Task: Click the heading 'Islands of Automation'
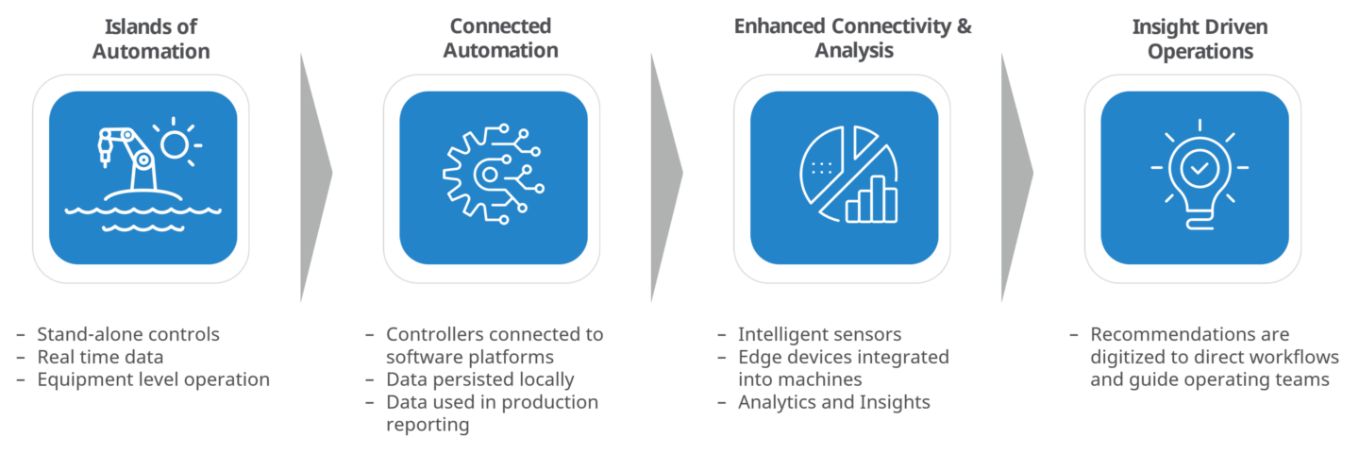[x=151, y=39]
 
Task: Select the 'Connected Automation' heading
[x=500, y=39]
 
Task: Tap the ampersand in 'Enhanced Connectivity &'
[x=965, y=26]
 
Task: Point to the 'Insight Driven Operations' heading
[x=1200, y=39]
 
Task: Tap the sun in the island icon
[x=176, y=144]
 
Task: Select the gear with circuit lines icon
[x=493, y=175]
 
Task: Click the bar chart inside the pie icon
[x=871, y=199]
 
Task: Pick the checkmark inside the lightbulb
[x=1200, y=167]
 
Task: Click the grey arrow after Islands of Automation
[x=316, y=177]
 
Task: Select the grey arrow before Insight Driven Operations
[x=1016, y=177]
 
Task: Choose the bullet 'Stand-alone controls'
[x=128, y=334]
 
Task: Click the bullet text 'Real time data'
[x=100, y=357]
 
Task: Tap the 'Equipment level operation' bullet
[x=154, y=380]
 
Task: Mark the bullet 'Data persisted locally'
[x=479, y=380]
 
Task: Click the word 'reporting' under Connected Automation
[x=428, y=425]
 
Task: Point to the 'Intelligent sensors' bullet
[x=819, y=334]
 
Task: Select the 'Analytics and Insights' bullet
[x=834, y=402]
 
